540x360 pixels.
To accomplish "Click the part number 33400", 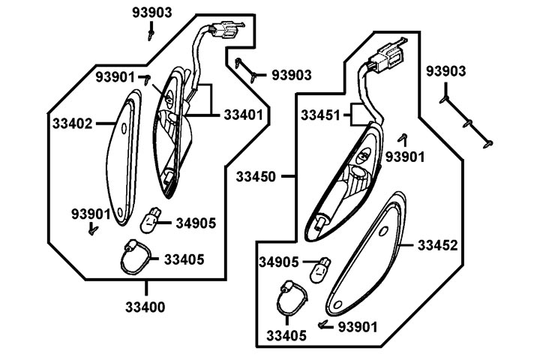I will point(146,307).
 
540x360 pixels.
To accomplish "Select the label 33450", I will point(256,177).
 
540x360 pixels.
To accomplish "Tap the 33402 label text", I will point(72,123).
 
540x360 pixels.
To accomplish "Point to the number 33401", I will point(243,115).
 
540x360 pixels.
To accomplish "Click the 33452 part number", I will point(437,245).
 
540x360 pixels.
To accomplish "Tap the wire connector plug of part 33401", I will point(226,32).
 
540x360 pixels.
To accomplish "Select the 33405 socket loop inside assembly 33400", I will point(135,259).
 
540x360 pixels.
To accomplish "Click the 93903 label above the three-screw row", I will point(446,71).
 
